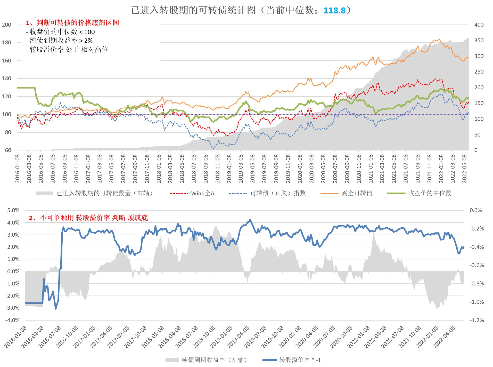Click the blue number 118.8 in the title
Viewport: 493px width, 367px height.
334,10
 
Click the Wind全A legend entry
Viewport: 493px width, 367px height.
202,193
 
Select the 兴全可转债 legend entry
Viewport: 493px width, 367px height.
357,193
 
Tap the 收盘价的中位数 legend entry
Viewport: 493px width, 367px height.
429,193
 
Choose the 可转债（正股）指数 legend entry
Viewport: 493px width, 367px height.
278,193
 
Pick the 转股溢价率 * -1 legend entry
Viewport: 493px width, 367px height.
300,360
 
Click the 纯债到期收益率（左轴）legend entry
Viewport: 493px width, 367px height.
214,360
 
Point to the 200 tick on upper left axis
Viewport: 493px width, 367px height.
6,25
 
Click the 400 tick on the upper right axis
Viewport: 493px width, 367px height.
479,25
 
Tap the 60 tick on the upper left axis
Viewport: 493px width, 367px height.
8,150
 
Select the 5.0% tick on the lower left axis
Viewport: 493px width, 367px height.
13,210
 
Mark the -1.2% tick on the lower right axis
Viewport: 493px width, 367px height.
476,320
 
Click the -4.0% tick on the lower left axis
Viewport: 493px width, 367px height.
12,320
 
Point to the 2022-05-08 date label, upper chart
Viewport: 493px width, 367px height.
464,169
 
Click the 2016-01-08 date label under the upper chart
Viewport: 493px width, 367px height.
18,169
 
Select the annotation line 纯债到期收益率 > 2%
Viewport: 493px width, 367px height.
59,41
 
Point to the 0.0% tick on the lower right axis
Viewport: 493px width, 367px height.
475,210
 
